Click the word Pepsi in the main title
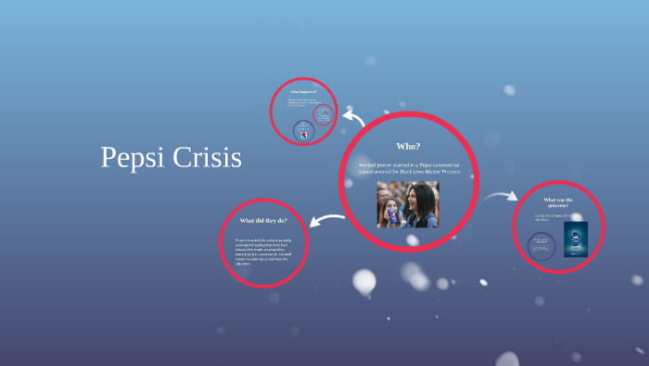pyautogui.click(x=132, y=158)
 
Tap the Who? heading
pyautogui.click(x=408, y=147)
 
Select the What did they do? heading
pyautogui.click(x=263, y=220)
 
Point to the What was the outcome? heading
pyautogui.click(x=558, y=203)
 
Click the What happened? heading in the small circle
pyautogui.click(x=303, y=92)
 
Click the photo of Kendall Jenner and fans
pyautogui.click(x=408, y=204)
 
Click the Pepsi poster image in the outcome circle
pyautogui.click(x=576, y=239)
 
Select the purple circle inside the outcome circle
pyautogui.click(x=542, y=246)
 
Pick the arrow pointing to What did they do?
pyautogui.click(x=326, y=221)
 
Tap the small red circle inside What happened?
pyautogui.click(x=324, y=114)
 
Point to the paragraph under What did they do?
pyautogui.click(x=262, y=252)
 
